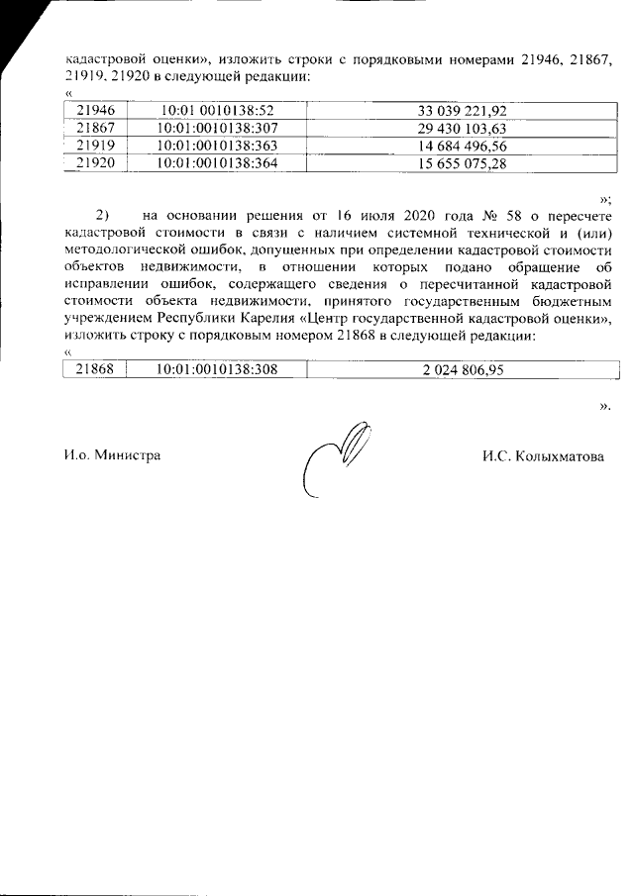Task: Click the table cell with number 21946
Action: (96, 111)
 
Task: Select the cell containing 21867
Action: (96, 129)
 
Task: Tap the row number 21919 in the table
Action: (96, 147)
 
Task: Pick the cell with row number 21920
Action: (96, 164)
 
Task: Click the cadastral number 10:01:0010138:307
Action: (216, 129)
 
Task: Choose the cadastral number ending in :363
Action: (216, 147)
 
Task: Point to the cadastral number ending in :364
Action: (216, 164)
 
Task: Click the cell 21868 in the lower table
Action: (96, 370)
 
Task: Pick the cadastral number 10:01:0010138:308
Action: (216, 370)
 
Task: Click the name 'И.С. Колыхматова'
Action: (543, 456)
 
